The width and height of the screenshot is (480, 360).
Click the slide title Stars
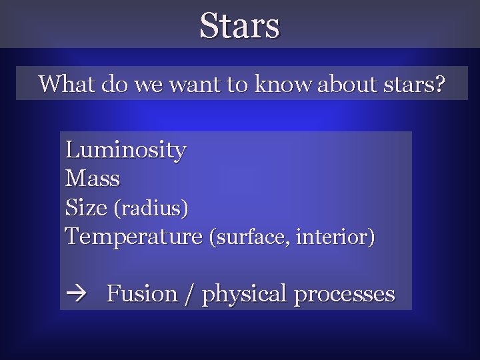pos(240,26)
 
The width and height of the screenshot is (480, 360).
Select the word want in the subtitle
pos(184,84)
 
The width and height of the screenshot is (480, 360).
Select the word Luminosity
pos(125,150)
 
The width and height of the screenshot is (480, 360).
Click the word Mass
pos(93,179)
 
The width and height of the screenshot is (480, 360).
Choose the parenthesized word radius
pos(151,209)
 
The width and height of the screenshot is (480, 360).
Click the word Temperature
pos(133,237)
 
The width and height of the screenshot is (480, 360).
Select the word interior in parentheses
pos(331,237)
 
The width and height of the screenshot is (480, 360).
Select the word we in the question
pos(143,84)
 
